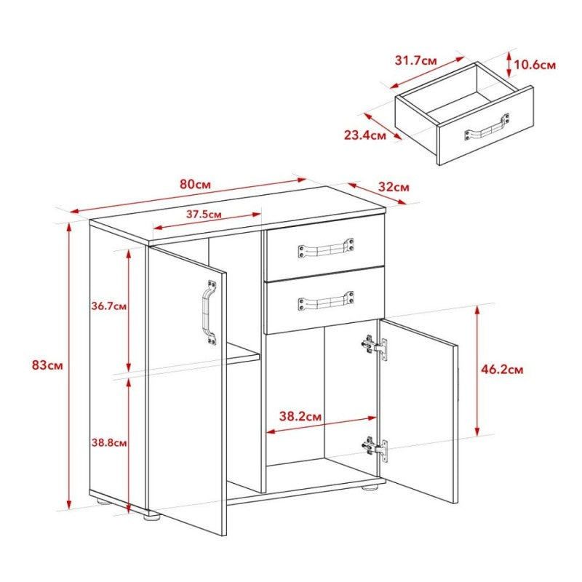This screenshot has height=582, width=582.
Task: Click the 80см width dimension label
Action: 196,184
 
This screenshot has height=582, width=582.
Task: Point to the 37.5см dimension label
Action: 204,214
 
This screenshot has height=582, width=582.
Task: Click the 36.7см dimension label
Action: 110,306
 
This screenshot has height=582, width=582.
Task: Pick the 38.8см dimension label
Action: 110,442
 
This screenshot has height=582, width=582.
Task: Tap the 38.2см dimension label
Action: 300,417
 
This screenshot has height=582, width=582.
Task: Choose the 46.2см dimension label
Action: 503,370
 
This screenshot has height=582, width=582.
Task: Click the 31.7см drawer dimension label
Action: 416,60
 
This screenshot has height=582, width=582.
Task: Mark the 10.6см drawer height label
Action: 535,65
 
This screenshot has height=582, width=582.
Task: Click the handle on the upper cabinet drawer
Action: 325,249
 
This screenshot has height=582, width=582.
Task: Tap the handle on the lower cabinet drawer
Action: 325,300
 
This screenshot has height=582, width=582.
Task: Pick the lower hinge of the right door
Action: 376,447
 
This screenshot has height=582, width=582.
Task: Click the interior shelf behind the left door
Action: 243,356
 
